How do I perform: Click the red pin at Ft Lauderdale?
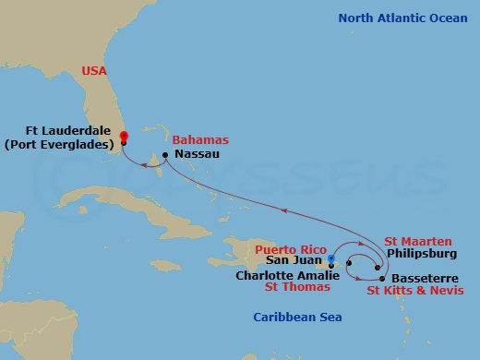[123, 138]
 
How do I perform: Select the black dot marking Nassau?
[165, 154]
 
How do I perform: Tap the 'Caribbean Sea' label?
[297, 318]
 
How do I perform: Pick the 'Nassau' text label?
[197, 154]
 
